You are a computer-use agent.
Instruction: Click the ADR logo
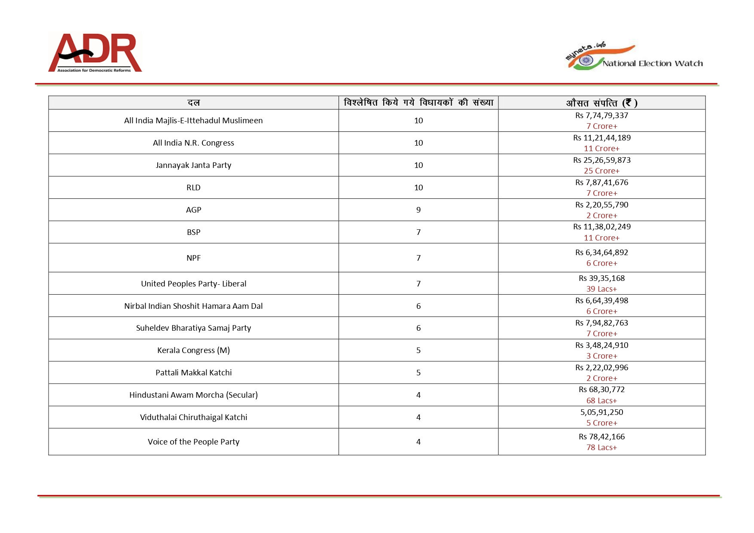coord(95,52)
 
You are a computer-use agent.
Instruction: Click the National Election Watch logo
coord(634,57)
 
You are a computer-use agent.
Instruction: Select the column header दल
coord(193,103)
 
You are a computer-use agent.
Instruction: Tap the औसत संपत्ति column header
coord(601,103)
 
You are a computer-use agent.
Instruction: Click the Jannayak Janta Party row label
coord(193,165)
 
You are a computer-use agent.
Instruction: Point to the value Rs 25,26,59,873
coord(601,160)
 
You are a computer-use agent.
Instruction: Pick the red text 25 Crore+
coord(601,171)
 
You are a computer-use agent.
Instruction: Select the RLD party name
coord(193,187)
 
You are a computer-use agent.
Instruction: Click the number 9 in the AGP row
coord(418,210)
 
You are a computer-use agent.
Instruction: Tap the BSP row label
coord(193,232)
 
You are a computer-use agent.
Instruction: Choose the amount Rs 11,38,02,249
coord(601,226)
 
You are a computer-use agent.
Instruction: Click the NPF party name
coord(193,258)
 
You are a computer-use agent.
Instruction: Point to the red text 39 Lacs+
coord(601,289)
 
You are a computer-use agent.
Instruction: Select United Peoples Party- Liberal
coord(193,283)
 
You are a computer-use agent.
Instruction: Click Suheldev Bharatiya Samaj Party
coord(193,328)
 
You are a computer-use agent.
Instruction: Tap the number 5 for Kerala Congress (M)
coord(418,350)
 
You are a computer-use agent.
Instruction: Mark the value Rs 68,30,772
coord(601,389)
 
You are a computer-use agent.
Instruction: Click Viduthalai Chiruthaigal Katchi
coord(193,417)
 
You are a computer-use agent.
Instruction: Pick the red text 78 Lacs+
coord(601,447)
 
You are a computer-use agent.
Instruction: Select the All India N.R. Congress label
coord(193,143)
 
